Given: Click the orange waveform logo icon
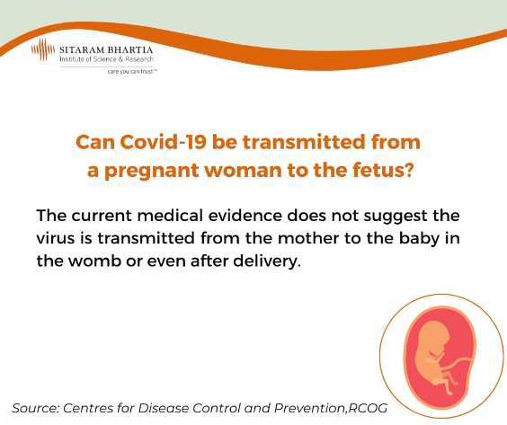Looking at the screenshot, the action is coord(43,49).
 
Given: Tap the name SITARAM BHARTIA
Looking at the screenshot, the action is coord(106,49).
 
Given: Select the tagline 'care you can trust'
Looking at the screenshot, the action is coord(132,71).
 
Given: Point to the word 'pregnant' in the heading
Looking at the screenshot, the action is coord(152,171).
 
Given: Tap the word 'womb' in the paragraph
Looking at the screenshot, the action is coord(94,261).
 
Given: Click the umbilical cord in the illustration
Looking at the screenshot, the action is coord(460,361).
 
